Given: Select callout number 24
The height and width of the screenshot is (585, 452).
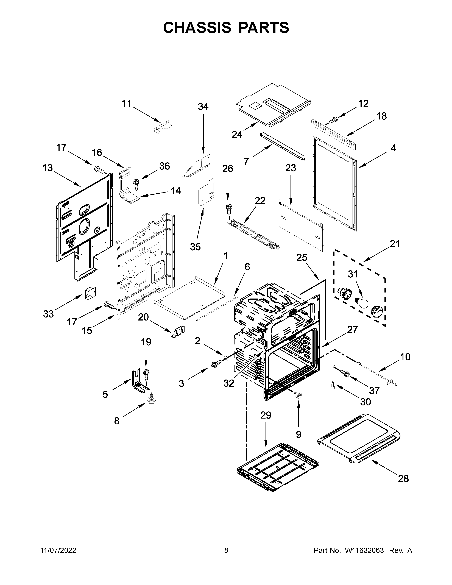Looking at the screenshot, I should point(237,134).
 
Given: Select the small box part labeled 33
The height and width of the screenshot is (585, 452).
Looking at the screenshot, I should point(90,293).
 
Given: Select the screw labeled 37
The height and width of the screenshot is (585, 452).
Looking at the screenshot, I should point(344,373).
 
